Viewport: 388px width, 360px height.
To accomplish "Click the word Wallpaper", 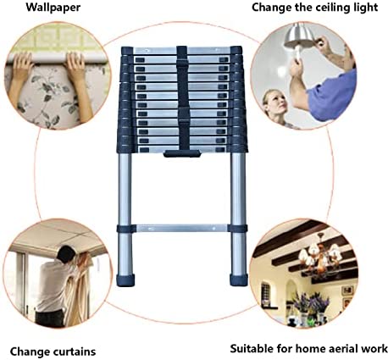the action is tap(53, 8).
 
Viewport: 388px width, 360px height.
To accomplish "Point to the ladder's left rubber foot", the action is tap(125, 280).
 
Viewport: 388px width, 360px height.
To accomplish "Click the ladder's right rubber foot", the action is tap(239, 280).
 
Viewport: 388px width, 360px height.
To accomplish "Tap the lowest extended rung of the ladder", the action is tap(182, 228).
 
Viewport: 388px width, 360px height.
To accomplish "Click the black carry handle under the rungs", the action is tap(182, 154).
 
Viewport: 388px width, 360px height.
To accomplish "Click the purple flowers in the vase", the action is tap(311, 302).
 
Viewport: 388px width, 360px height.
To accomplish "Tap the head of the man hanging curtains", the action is tap(66, 253).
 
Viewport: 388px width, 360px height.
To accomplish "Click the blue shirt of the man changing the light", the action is tap(332, 96).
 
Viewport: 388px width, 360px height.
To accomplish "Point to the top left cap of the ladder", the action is tap(127, 51).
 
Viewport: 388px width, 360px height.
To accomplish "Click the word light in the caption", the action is tap(366, 8).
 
